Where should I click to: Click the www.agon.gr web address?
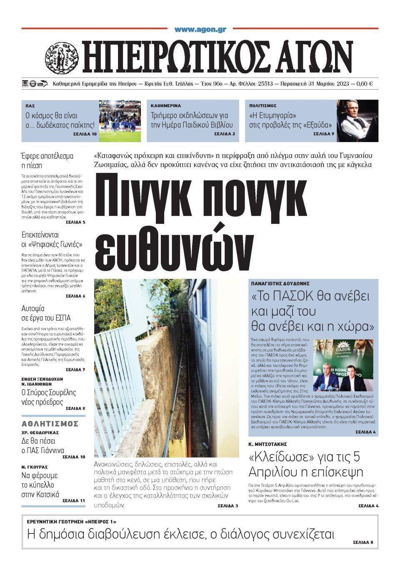200,30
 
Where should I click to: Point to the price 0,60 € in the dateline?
365,84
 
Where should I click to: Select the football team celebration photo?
120,121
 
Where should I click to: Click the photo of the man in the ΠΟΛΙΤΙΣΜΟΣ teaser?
357,121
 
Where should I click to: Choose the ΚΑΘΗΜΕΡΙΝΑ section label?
166,106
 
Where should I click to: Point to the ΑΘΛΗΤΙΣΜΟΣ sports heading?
50,424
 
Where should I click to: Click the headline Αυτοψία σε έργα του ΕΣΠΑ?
46,313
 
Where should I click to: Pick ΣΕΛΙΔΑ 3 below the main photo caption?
227,506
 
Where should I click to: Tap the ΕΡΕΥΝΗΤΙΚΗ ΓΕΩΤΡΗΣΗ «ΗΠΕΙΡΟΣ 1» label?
72,522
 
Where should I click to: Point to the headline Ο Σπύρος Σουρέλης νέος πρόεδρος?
48,397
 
